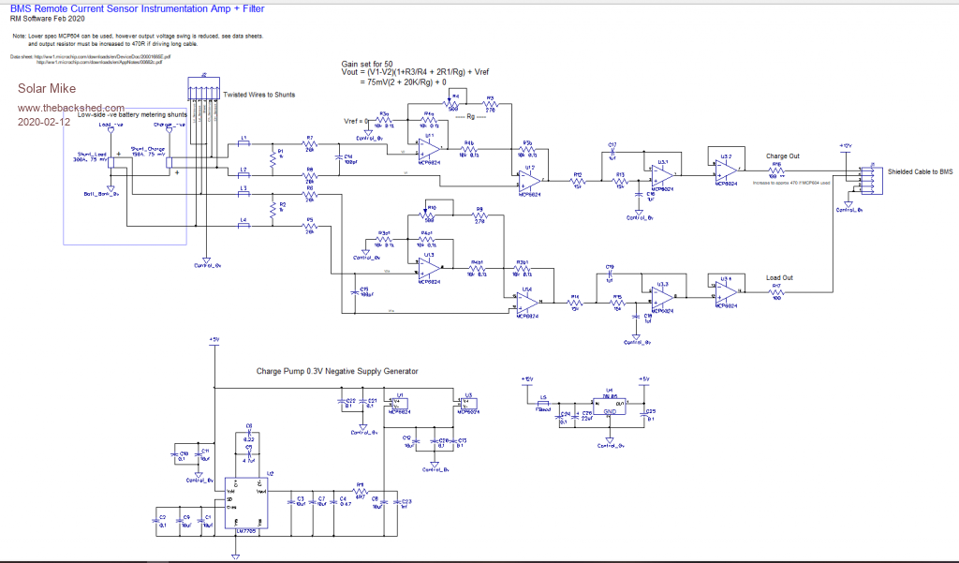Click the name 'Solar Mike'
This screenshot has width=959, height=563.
click(41, 91)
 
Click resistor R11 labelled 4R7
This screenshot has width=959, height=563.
click(359, 490)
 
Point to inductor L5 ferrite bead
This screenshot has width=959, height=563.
click(543, 403)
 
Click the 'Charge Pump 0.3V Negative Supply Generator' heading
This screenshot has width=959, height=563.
click(337, 371)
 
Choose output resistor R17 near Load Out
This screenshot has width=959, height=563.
click(776, 291)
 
